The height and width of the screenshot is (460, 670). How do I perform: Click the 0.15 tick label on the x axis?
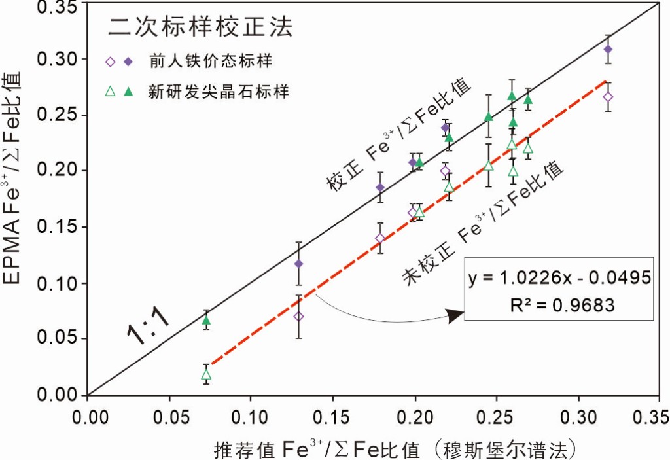click(x=332, y=417)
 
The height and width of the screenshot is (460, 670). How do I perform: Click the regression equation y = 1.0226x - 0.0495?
click(x=559, y=277)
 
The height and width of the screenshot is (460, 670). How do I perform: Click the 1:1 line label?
click(x=149, y=322)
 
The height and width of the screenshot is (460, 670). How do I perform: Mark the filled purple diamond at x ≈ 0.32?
click(x=608, y=49)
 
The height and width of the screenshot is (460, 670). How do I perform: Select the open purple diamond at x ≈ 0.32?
click(x=608, y=97)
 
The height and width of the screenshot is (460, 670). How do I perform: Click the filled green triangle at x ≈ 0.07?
click(x=206, y=320)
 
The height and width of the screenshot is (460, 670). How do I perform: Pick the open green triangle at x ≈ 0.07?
click(x=206, y=375)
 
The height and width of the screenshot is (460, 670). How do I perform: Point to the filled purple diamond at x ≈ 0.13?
click(x=299, y=264)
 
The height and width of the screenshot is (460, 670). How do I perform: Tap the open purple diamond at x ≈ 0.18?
click(x=380, y=238)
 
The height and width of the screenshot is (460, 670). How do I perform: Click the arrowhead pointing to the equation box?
click(x=456, y=316)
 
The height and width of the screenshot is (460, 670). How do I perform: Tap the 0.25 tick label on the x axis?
click(x=495, y=417)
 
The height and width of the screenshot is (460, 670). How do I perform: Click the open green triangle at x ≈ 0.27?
click(x=528, y=149)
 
